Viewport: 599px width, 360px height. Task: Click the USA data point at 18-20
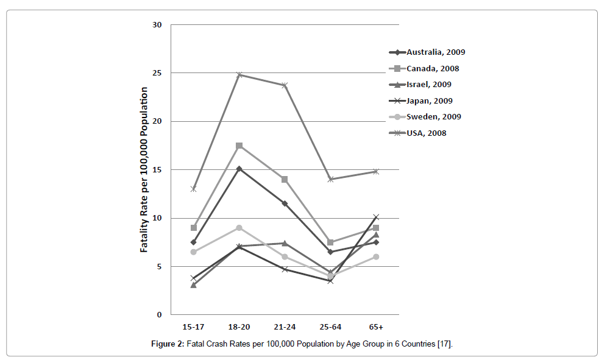(239, 75)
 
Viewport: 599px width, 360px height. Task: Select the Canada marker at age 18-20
(239, 146)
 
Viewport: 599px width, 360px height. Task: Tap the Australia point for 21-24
(285, 203)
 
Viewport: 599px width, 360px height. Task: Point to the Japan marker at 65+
(376, 217)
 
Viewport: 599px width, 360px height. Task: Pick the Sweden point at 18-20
(239, 228)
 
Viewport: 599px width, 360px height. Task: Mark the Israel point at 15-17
(193, 284)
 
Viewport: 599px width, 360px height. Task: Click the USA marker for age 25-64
(330, 179)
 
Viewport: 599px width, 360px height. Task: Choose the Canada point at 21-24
(285, 180)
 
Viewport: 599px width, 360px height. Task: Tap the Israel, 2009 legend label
(429, 85)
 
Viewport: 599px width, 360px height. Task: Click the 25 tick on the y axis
(157, 73)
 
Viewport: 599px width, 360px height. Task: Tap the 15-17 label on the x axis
(193, 326)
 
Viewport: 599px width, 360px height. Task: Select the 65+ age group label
(376, 326)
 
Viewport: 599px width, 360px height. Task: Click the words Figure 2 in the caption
(167, 345)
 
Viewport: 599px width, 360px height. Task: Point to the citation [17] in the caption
(444, 345)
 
